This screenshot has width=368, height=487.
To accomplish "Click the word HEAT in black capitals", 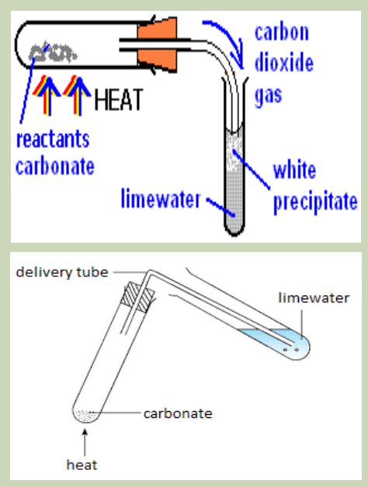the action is [x=118, y=100].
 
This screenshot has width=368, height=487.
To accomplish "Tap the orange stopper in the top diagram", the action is [x=157, y=45].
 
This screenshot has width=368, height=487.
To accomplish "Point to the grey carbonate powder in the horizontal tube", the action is [x=53, y=52].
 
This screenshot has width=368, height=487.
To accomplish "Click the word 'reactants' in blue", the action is [x=53, y=140].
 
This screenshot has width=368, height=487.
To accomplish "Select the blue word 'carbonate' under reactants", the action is [x=55, y=167].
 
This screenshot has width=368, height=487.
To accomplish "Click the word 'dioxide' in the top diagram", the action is [x=283, y=63].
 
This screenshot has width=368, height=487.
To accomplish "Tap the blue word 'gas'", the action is [x=268, y=96].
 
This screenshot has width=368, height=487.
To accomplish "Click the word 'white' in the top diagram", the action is [x=294, y=170].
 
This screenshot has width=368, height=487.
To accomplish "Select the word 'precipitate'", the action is [x=315, y=202].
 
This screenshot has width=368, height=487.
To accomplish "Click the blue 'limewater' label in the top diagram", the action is [x=161, y=199].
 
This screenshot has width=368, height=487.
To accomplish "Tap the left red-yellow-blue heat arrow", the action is [x=47, y=95].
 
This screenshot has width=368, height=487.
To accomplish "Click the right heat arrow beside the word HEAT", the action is [x=77, y=95].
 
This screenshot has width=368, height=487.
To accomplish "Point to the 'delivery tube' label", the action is [x=62, y=272].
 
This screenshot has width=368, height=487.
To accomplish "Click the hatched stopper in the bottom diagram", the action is [x=137, y=297].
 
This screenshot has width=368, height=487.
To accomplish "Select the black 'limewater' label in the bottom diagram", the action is [x=314, y=298].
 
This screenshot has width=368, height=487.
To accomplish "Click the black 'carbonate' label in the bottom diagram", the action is [x=178, y=413].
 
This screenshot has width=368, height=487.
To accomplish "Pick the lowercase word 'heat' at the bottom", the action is [x=82, y=465].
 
